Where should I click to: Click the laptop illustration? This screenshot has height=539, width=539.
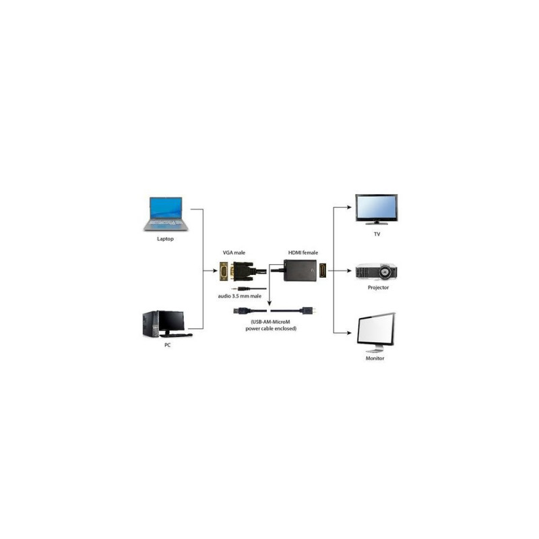pos(166,214)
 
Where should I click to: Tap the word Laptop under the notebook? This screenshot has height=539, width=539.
pos(165,239)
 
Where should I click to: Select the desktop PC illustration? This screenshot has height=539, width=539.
pos(167,323)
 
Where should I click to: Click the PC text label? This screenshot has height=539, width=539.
pos(167,345)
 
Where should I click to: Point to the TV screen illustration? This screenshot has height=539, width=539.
pos(377,209)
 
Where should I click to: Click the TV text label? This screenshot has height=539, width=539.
pos(377,234)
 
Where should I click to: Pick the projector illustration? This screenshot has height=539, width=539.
pos(377,272)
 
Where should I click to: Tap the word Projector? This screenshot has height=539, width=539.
pos(378,288)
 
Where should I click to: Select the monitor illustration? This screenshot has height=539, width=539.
pos(376,332)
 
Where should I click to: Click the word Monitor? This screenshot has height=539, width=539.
pos(375,358)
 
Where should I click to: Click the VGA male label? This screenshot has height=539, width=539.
pos(234,253)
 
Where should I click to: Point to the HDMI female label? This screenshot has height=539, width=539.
pos(303,253)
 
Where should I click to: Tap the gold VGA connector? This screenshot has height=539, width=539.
pos(224,272)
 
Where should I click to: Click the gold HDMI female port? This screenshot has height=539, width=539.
pos(323,271)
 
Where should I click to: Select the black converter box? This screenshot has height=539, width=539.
pos(300,271)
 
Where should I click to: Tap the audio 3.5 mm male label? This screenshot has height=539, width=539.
pos(240,296)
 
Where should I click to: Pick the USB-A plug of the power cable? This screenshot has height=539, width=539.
pos(241,311)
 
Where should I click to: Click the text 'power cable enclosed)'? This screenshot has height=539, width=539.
pos(271,329)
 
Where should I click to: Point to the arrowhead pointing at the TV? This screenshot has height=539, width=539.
pos(349,208)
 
